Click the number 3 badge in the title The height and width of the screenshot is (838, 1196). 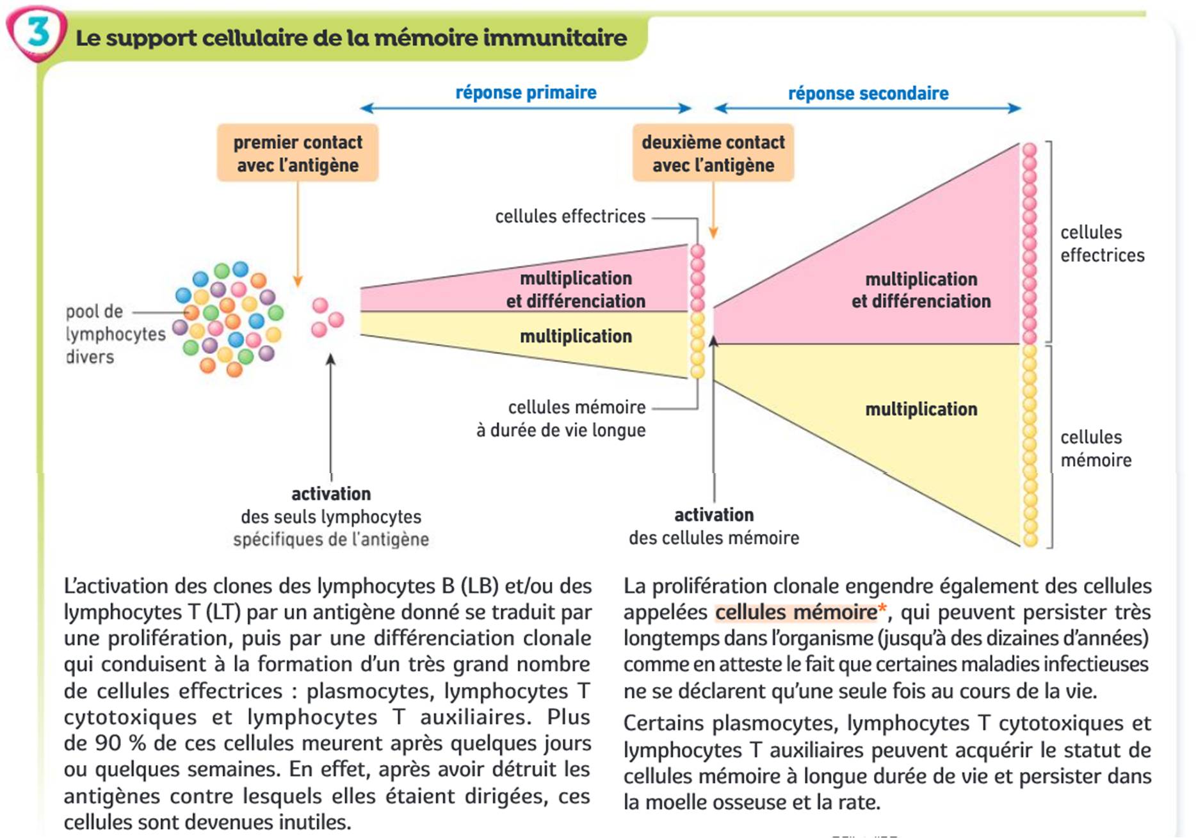37,32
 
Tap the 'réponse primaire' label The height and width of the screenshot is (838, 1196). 526,92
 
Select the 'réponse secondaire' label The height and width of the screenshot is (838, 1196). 868,93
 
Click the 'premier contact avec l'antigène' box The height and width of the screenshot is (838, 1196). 298,153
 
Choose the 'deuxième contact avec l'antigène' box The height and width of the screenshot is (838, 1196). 713,153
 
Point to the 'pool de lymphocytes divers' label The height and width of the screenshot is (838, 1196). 115,334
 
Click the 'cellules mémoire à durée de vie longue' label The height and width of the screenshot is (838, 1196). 561,419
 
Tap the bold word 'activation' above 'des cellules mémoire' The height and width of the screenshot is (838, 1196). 714,515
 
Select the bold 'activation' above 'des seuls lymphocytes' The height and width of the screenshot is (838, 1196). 331,494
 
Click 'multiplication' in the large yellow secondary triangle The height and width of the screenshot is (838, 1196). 921,409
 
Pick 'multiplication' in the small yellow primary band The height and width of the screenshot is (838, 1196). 576,336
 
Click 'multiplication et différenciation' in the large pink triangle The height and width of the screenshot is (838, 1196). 921,290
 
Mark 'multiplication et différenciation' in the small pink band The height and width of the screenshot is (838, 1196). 576,289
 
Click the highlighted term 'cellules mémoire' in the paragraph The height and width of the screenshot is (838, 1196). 796,612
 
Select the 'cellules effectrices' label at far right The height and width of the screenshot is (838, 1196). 1102,243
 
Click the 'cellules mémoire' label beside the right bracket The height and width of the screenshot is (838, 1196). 1095,448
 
